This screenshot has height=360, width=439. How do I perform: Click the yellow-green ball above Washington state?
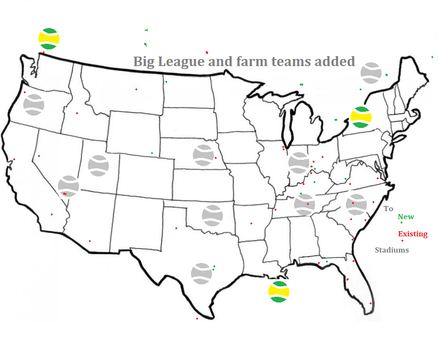[49, 38]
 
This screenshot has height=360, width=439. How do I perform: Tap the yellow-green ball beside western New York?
[361, 117]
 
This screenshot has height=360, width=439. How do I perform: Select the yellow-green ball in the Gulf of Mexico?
[278, 292]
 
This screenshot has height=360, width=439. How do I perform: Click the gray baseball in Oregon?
[34, 105]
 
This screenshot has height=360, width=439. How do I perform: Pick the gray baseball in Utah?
[98, 165]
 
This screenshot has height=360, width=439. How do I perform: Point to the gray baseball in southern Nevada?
[68, 186]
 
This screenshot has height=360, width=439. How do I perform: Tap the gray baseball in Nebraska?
[203, 155]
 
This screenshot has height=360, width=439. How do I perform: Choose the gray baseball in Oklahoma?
[212, 215]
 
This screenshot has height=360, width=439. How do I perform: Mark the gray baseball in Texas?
[201, 273]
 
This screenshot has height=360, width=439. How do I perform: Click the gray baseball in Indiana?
[299, 163]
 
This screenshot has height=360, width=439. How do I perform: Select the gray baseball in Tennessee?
[305, 204]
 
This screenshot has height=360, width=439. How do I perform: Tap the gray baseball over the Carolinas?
[356, 204]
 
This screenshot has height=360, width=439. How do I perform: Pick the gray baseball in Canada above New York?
[371, 73]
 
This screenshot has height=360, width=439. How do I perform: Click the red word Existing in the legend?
[412, 234]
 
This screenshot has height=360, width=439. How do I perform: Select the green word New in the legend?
[406, 217]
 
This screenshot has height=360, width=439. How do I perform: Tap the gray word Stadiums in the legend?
[391, 250]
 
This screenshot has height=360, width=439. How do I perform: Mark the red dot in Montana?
[136, 89]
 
